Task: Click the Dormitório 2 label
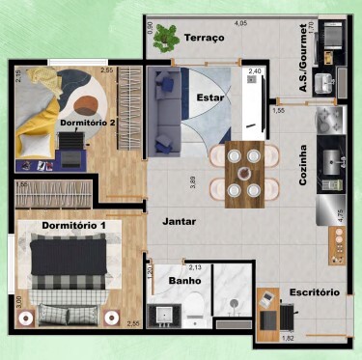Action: (88, 123)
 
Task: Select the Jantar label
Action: (180, 221)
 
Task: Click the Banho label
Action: (184, 281)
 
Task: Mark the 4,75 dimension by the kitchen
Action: (340, 214)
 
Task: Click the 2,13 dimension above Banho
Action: (195, 267)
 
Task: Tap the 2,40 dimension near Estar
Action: (255, 71)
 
